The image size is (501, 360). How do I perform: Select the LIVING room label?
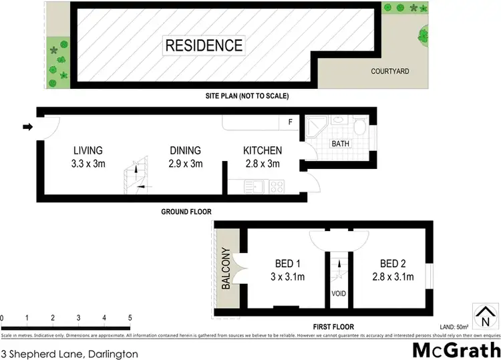point(88,151)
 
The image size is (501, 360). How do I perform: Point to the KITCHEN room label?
point(262,151)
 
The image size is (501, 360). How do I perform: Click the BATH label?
point(340,144)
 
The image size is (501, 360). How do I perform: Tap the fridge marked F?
point(289,122)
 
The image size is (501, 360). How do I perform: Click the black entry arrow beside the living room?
point(27,127)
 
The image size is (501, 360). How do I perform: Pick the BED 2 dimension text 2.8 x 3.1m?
point(393,276)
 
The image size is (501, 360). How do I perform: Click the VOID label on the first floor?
point(337,294)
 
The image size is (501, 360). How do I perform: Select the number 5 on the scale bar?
point(130,318)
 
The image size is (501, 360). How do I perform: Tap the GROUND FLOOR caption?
point(186,212)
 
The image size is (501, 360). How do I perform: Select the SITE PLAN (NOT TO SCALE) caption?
point(246,96)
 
